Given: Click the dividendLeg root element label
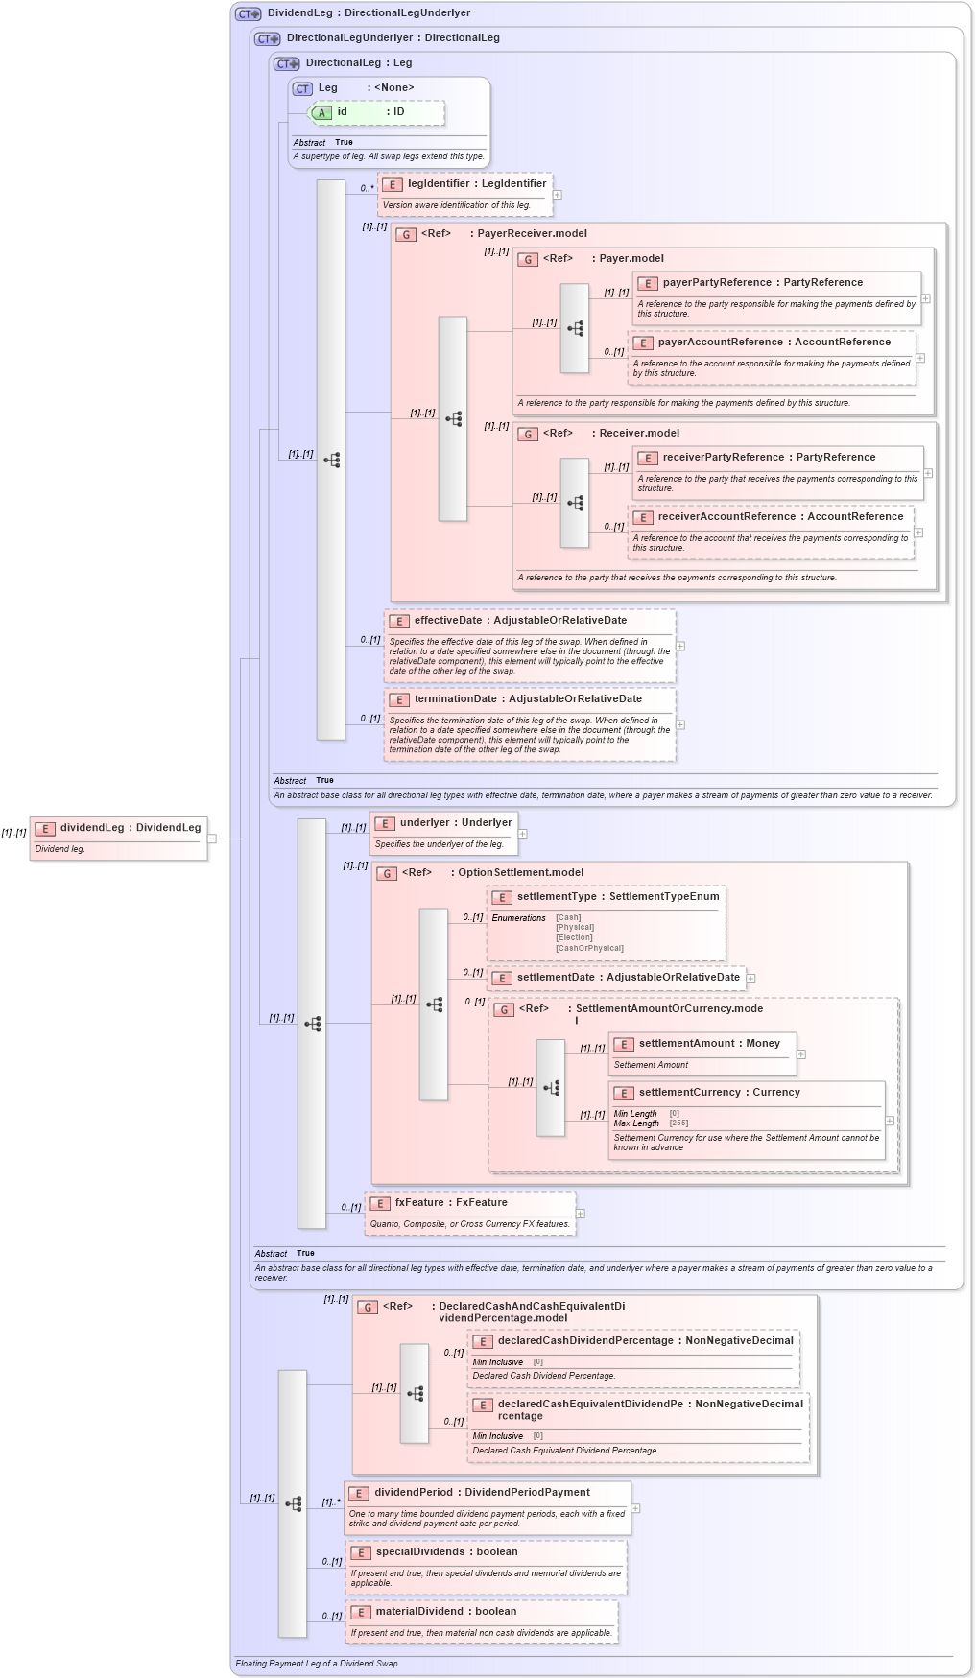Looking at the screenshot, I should pyautogui.click(x=130, y=828).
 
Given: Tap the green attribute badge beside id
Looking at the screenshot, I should pyautogui.click(x=321, y=113).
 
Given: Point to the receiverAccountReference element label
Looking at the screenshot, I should pyautogui.click(x=780, y=517).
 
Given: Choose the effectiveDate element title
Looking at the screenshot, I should pyautogui.click(x=520, y=621).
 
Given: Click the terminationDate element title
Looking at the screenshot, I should pyautogui.click(x=528, y=699).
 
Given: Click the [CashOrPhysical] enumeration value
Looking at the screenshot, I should pyautogui.click(x=589, y=948).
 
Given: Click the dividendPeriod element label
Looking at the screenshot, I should pyautogui.click(x=482, y=1493).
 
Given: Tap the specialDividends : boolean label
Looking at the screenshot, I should pyautogui.click(x=446, y=1552).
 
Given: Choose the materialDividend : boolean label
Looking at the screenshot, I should pyautogui.click(x=445, y=1612).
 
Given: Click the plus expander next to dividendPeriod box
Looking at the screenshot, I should pyautogui.click(x=635, y=1508).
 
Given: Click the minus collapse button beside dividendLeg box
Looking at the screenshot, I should pyautogui.click(x=212, y=839).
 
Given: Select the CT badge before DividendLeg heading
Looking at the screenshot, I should pyautogui.click(x=249, y=13).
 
